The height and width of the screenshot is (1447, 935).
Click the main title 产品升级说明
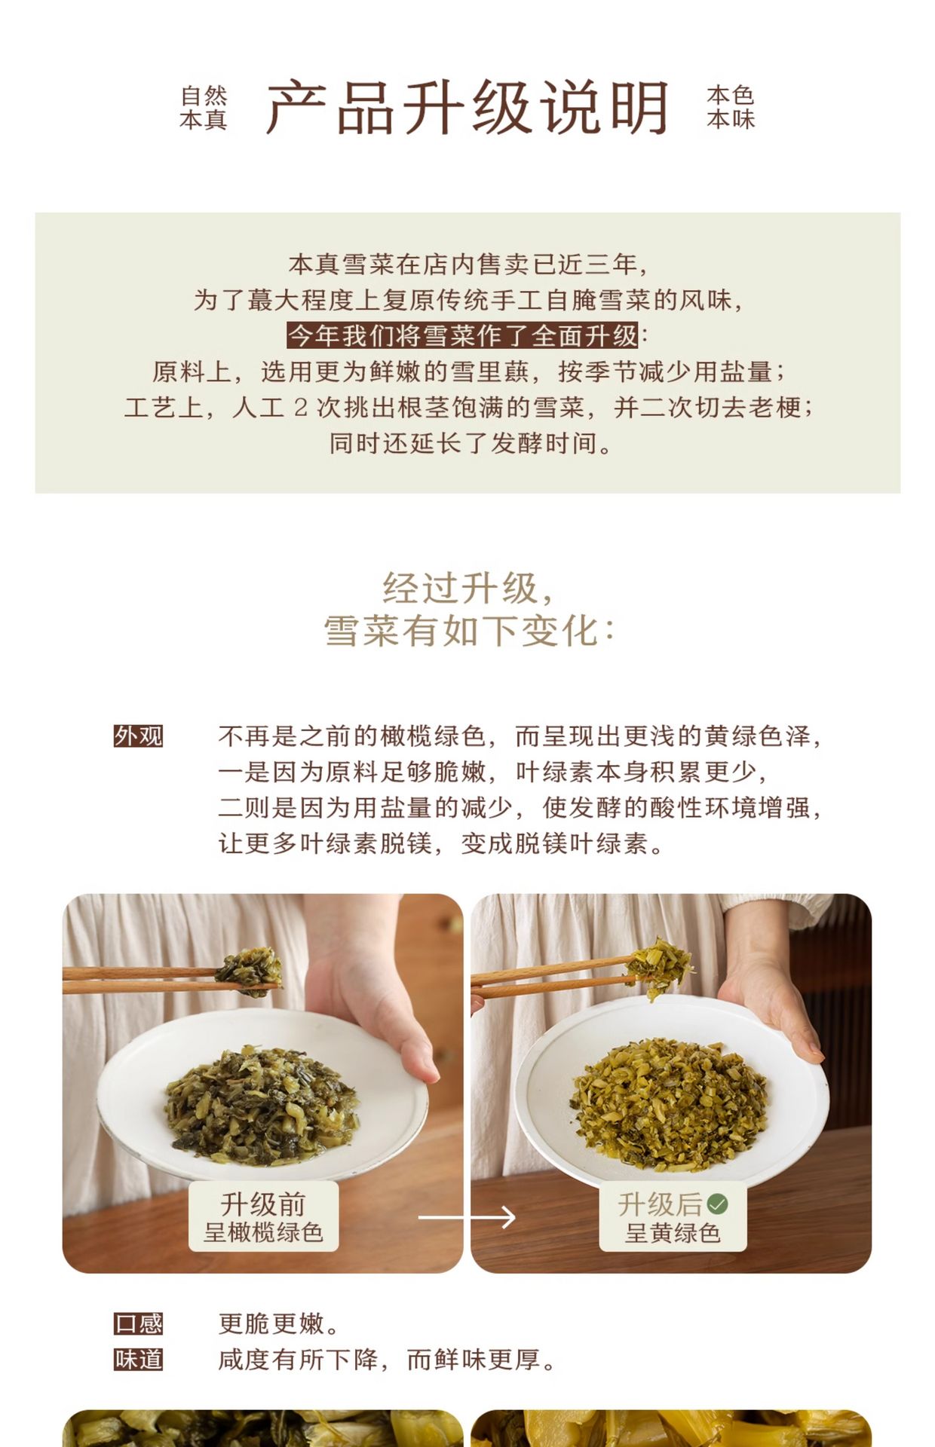467,107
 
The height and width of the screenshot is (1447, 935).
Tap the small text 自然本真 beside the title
204,108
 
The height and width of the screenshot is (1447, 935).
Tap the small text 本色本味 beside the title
731,107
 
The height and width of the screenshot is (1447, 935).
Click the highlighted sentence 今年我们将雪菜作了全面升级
463,335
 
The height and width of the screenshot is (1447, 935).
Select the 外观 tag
138,736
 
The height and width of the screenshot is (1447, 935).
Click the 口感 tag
138,1324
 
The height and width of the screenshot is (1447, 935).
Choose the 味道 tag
138,1360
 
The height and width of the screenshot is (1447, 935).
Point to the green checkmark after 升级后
718,1204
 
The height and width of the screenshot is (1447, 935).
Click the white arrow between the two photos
467,1217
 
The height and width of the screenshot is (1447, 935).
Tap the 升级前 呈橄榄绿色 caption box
263,1216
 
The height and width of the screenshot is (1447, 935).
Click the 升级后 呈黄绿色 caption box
673,1216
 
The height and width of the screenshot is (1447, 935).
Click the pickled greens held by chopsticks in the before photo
250,971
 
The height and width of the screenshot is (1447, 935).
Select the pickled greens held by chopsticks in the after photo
661,966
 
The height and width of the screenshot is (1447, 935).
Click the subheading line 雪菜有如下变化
468,630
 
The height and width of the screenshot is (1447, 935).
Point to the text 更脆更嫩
280,1324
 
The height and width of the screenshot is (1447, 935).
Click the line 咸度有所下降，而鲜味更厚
388,1360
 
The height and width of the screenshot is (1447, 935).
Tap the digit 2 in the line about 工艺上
300,408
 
